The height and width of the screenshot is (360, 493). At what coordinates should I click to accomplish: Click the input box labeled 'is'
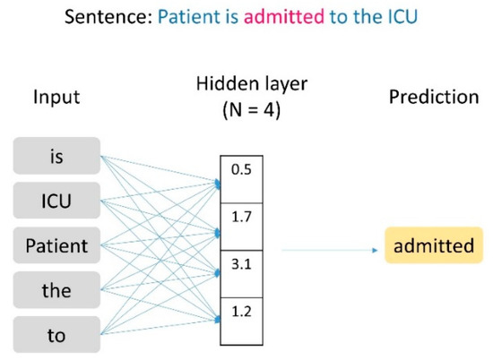(x=56, y=156)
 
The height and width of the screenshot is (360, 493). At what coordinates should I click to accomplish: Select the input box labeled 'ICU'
(x=56, y=201)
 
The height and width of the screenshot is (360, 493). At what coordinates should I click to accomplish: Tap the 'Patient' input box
(x=56, y=245)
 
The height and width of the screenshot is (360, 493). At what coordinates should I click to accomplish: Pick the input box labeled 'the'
(x=56, y=290)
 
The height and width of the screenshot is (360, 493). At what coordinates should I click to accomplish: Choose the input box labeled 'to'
(x=56, y=336)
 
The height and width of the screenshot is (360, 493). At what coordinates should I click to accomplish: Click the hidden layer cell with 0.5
(x=241, y=169)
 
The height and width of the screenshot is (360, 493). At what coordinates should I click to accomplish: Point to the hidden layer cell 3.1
(x=241, y=266)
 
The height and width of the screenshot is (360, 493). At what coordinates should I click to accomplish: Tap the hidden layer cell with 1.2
(x=241, y=313)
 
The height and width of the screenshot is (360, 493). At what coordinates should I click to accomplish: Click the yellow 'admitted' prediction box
(x=434, y=245)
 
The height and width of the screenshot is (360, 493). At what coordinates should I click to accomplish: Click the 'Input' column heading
(x=56, y=97)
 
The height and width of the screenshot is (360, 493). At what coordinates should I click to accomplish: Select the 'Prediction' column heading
(x=434, y=97)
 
